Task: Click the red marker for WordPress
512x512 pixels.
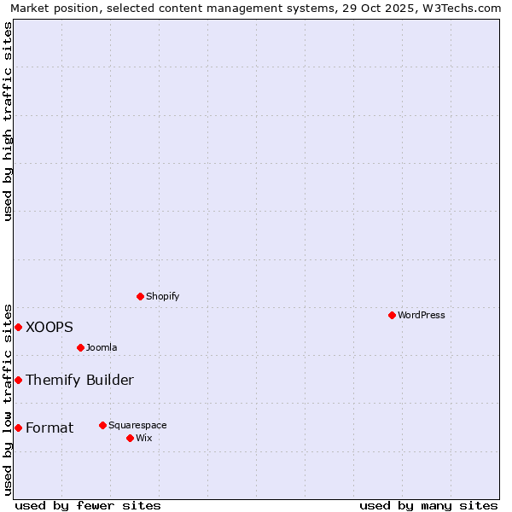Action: [392, 315]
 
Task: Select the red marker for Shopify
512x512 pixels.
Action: [141, 296]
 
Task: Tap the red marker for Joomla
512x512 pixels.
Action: [81, 347]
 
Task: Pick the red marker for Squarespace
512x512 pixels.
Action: [103, 425]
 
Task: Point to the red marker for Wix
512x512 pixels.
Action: [131, 438]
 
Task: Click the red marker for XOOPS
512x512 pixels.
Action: [18, 327]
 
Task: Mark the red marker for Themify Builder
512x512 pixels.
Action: [18, 380]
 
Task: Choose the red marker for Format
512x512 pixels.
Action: [18, 428]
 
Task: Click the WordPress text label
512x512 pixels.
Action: [422, 315]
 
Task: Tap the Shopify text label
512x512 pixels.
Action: [163, 296]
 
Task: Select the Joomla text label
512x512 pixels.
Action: [102, 347]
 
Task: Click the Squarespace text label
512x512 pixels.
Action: [137, 425]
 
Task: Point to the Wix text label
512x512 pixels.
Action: [144, 438]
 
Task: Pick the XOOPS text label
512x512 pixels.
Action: [49, 327]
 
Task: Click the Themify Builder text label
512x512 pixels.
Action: [79, 380]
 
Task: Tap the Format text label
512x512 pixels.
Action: [49, 428]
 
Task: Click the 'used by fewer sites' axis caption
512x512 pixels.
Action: [88, 505]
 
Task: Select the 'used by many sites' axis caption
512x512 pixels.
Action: [428, 505]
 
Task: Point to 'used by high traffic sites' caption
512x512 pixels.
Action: [8, 121]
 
